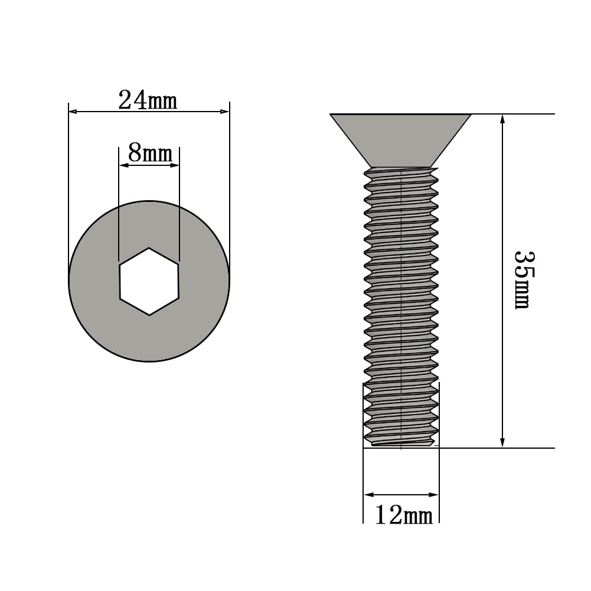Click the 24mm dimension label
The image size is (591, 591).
148,100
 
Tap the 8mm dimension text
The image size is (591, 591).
150,153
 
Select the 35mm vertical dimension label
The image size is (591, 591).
524,280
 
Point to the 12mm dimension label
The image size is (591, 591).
404,515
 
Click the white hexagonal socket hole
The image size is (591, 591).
149,281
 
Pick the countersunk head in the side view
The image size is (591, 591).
400,141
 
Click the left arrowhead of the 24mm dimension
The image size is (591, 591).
73,112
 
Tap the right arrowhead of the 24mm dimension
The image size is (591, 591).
225,112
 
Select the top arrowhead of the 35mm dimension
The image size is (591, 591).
502,119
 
